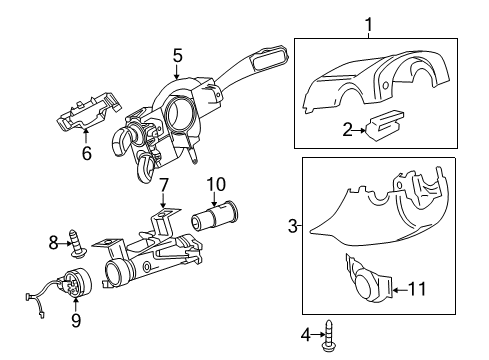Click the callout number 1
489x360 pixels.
(x=369, y=25)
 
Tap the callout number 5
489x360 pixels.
(x=178, y=55)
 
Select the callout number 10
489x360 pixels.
(x=216, y=184)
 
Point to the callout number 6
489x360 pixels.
(x=87, y=153)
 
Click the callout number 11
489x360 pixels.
(x=417, y=289)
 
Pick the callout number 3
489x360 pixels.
(x=293, y=226)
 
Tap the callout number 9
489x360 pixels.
(x=76, y=320)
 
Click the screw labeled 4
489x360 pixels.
(x=329, y=335)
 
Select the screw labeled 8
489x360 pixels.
(x=77, y=244)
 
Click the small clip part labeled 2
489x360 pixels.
(x=384, y=125)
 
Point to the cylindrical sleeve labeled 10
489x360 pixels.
(x=214, y=218)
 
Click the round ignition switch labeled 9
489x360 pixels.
(x=77, y=282)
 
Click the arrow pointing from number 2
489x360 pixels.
(x=359, y=130)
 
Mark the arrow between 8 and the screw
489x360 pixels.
(x=65, y=244)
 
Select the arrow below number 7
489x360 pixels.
(x=163, y=201)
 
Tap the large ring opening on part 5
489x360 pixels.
(x=179, y=114)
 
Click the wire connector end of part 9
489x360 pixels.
(x=29, y=296)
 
